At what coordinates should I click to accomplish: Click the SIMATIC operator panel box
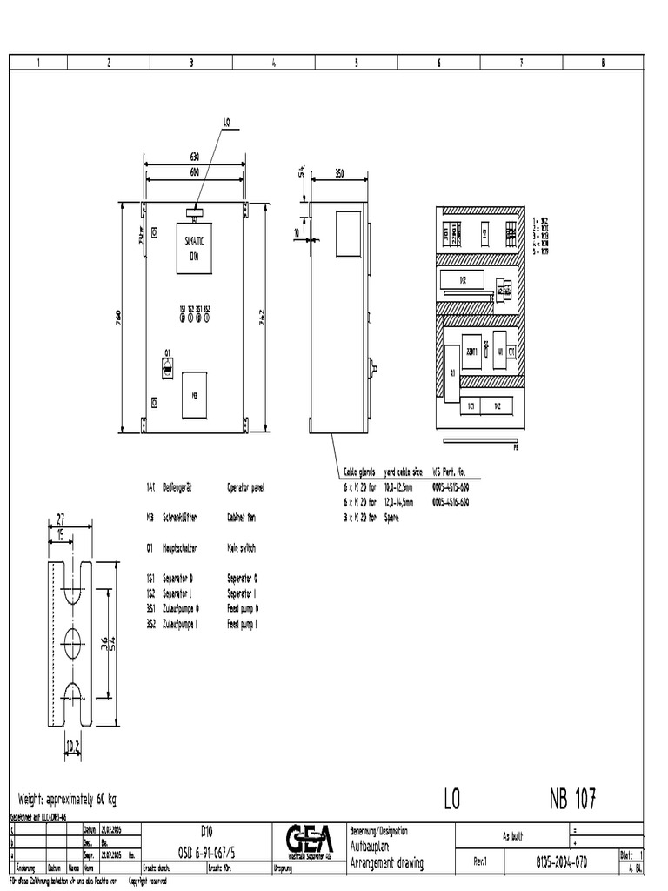(194, 246)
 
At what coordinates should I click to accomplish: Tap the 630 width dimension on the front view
(194, 157)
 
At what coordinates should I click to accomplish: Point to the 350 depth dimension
(339, 174)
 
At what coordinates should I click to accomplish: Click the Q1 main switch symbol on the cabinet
(166, 368)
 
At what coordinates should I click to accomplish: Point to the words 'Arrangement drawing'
(386, 863)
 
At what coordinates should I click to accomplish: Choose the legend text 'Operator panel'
(245, 488)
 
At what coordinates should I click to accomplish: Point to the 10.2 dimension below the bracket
(73, 744)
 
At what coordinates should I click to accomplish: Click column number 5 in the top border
(357, 62)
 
